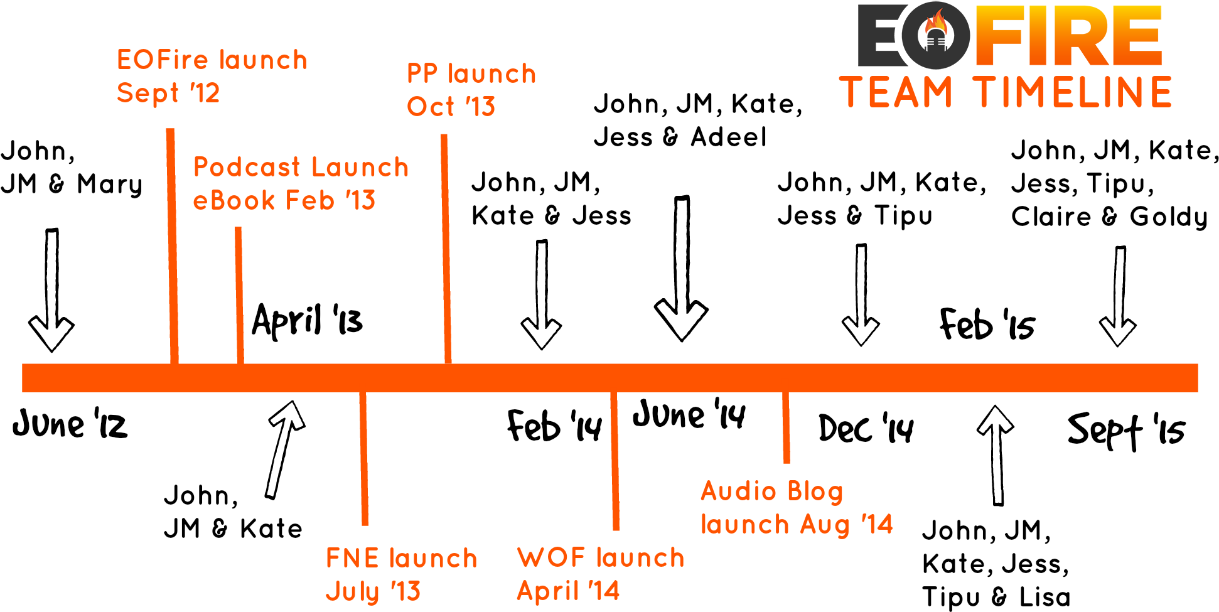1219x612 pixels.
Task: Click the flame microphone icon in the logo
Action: pyautogui.click(x=936, y=35)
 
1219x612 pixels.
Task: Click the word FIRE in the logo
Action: pyautogui.click(x=1067, y=36)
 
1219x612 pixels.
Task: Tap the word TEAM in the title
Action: pyautogui.click(x=896, y=92)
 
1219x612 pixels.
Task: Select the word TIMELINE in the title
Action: pyautogui.click(x=1072, y=92)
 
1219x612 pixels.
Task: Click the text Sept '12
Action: pyautogui.click(x=168, y=94)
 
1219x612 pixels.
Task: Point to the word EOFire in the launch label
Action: pyautogui.click(x=162, y=60)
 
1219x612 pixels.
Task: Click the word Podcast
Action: pyautogui.click(x=247, y=168)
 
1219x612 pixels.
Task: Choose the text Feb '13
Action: pyautogui.click(x=330, y=201)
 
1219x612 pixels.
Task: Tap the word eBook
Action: pyautogui.click(x=234, y=201)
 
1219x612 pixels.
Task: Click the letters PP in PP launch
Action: pyautogui.click(x=422, y=74)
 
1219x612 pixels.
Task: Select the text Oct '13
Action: pyautogui.click(x=451, y=107)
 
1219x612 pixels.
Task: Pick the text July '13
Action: pyautogui.click(x=373, y=591)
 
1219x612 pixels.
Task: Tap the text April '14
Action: pyautogui.click(x=568, y=591)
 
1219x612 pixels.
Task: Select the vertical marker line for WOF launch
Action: pyautogui.click(x=615, y=461)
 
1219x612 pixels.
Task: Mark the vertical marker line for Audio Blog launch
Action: pyautogui.click(x=786, y=427)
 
